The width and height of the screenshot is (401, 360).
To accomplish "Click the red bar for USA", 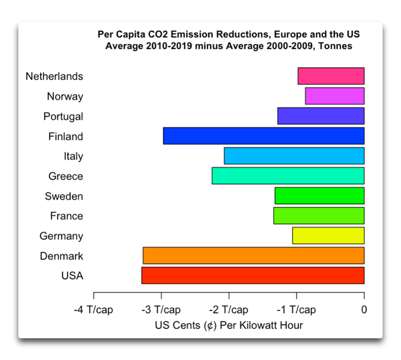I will coord(253,275).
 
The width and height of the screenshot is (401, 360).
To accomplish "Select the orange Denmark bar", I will coord(253,255).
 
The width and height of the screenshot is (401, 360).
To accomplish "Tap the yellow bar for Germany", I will coord(328,235).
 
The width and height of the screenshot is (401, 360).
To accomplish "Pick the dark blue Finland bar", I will coord(263,136).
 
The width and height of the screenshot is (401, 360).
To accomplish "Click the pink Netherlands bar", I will coord(331,76).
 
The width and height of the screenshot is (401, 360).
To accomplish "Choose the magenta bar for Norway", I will coord(335,96).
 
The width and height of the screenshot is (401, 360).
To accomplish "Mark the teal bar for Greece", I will coord(288,176).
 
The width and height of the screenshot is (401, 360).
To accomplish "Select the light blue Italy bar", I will coord(294,156).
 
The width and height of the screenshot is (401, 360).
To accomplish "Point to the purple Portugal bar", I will coord(321,116).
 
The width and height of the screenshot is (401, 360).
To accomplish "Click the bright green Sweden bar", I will coord(320,196).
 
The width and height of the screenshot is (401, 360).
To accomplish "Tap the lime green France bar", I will coord(319,216).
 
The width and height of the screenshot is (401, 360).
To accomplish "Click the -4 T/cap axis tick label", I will coord(93,310).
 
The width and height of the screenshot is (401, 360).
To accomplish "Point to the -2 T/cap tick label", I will coord(229,310).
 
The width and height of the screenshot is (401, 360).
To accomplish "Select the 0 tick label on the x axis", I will coord(364,310).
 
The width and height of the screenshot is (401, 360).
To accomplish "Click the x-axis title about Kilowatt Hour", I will coord(229,325).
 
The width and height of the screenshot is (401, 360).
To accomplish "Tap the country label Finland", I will coord(66,136).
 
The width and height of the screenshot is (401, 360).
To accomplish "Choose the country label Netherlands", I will coord(55,76).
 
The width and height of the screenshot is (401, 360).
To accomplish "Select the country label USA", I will coord(71,276).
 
